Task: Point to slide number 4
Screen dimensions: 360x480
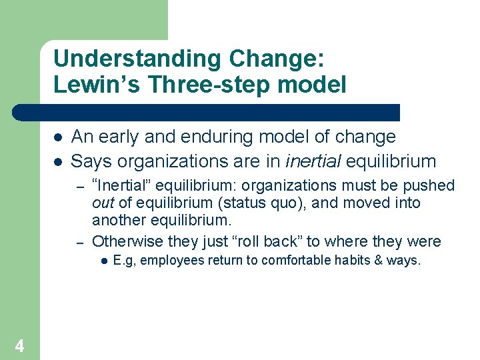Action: tap(19, 346)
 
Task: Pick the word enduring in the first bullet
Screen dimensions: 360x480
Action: tap(229, 137)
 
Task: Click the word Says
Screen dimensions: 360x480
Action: tap(91, 161)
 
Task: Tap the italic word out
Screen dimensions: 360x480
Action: tap(103, 203)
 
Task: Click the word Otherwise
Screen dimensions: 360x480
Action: tap(126, 241)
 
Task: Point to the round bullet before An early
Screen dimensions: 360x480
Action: tap(58, 137)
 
